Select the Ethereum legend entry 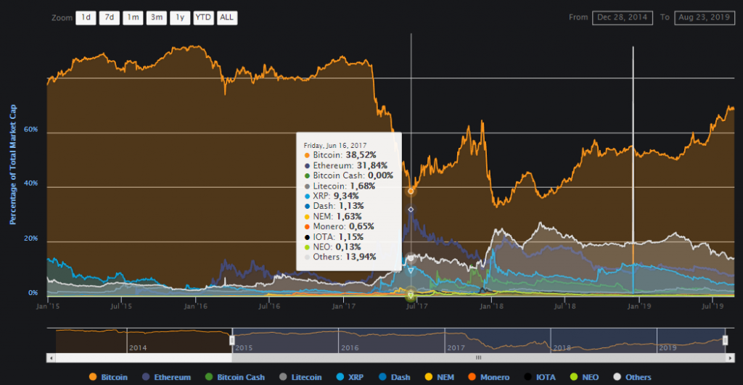168,377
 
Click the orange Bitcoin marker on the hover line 411,191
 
